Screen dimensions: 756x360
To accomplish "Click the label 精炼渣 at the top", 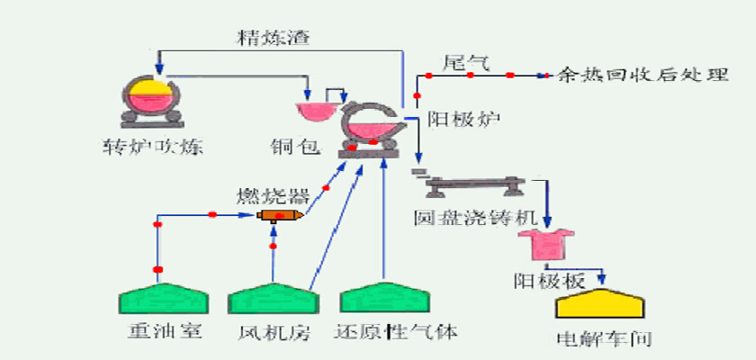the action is click(x=273, y=37).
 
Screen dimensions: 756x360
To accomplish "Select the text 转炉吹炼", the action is click(x=152, y=147).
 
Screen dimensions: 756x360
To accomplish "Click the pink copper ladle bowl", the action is click(x=316, y=112).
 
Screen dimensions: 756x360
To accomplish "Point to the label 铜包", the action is click(x=295, y=146).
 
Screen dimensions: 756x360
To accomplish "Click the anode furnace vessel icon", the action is click(x=369, y=130).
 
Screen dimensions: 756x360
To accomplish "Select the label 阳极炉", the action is click(x=463, y=119).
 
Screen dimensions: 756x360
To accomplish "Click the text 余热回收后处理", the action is click(x=643, y=75).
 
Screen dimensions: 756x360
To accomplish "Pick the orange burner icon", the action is click(x=280, y=216).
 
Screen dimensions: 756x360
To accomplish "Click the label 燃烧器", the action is click(x=273, y=195).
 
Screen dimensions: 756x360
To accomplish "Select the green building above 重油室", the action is click(x=164, y=298).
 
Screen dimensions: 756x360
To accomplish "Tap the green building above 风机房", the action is click(x=273, y=298).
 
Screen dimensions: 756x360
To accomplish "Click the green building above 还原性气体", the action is click(x=384, y=297).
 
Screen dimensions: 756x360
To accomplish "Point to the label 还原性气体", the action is click(x=396, y=332).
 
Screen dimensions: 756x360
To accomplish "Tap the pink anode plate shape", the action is click(x=545, y=246).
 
